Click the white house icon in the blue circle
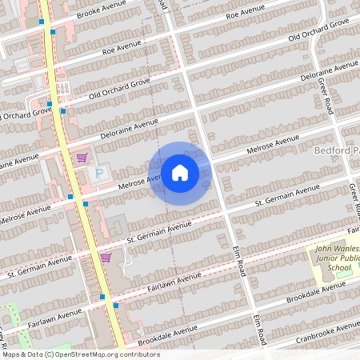[180, 172]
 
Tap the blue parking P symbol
[100, 174]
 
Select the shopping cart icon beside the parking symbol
[82, 158]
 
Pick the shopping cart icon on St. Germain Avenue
[106, 257]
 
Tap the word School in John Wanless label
[338, 268]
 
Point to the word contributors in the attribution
[135, 354]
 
